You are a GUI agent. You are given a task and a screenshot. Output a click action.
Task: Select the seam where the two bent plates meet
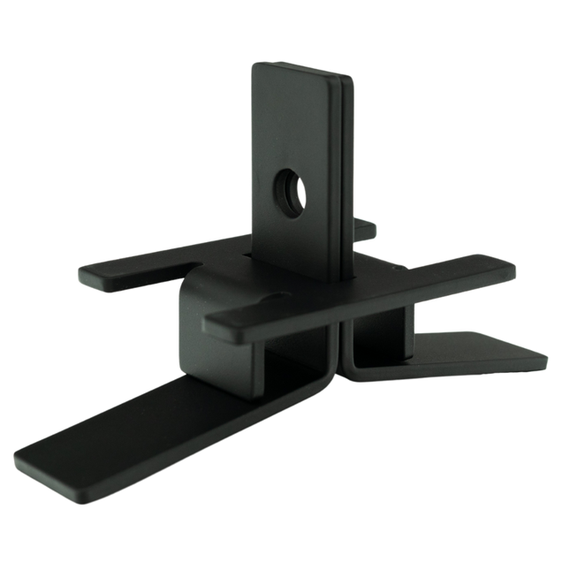[x=345, y=353]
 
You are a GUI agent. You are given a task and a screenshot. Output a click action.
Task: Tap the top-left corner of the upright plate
[x=254, y=65]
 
